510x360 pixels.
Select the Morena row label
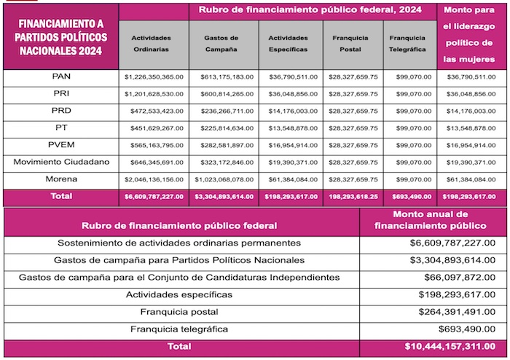pos(60,179)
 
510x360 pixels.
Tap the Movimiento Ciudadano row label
pos(60,162)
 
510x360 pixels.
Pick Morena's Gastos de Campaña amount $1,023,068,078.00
pos(224,179)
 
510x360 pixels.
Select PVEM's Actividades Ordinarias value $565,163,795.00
pos(154,145)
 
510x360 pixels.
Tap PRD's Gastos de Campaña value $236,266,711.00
pos(224,111)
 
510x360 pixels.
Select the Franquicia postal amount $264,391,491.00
pos(457,312)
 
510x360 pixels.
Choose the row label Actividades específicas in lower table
pos(179,294)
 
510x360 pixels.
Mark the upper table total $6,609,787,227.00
pos(154,197)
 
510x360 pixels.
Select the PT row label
pos(60,128)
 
